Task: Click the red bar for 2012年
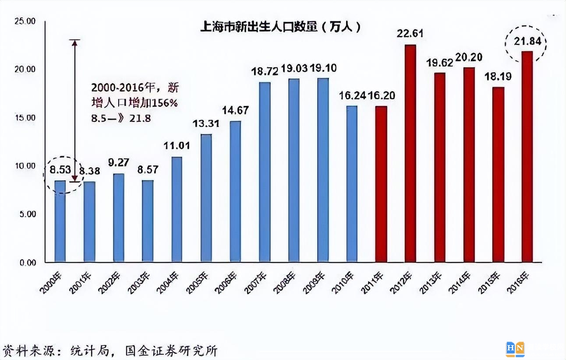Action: pyautogui.click(x=410, y=153)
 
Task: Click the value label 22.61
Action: pyautogui.click(x=410, y=34)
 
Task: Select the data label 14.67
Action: pyautogui.click(x=235, y=110)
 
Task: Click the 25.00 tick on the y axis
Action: pyautogui.click(x=25, y=21)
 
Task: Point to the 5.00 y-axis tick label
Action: pyautogui.click(x=27, y=214)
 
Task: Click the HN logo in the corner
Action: pyautogui.click(x=515, y=349)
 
